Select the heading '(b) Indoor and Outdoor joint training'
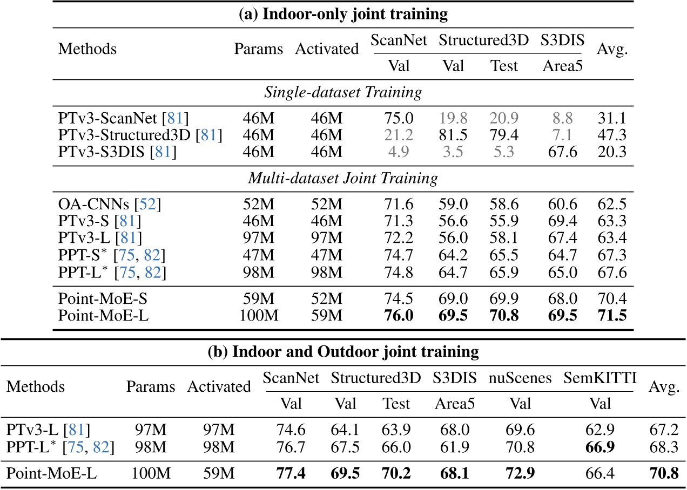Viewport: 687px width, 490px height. [x=343, y=352]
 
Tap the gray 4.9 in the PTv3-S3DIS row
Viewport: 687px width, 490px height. [x=399, y=152]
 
